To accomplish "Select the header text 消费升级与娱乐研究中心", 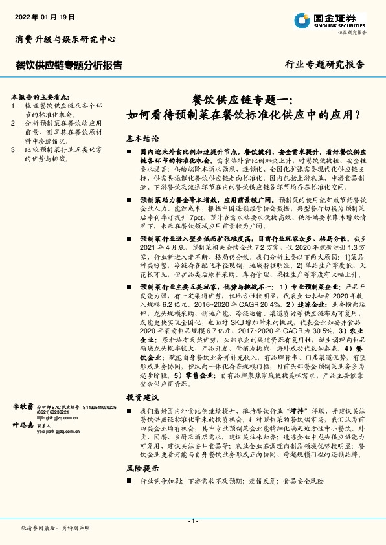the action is click(65, 39).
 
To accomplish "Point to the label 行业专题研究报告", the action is click(324, 65).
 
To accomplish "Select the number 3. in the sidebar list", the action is click(15, 149).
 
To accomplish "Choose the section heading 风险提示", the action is click(142, 467).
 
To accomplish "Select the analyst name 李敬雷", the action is click(23, 405).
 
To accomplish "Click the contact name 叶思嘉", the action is click(23, 425).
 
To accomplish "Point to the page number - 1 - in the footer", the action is click(192, 521).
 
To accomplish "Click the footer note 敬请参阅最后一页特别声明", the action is click(56, 528).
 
